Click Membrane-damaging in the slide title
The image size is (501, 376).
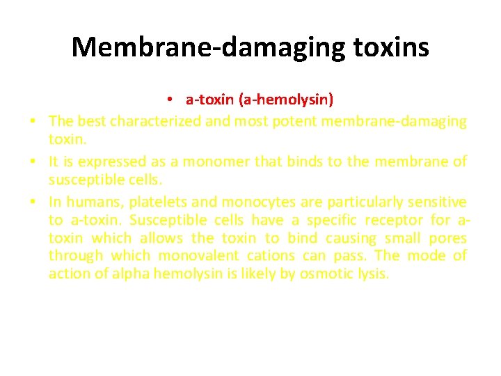pos(206,48)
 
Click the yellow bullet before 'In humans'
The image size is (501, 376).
pos(33,202)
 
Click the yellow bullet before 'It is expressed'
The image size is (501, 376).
pos(33,162)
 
